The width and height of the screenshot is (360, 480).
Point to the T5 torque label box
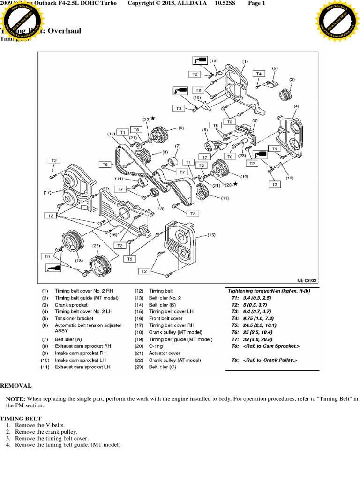[216, 126]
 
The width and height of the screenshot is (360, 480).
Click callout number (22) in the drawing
[97, 245]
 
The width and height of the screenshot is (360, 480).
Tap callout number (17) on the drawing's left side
[47, 192]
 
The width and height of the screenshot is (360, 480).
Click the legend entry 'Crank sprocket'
[71, 304]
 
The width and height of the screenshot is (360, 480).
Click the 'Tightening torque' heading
[268, 291]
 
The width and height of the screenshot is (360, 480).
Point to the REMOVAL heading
[16, 386]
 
